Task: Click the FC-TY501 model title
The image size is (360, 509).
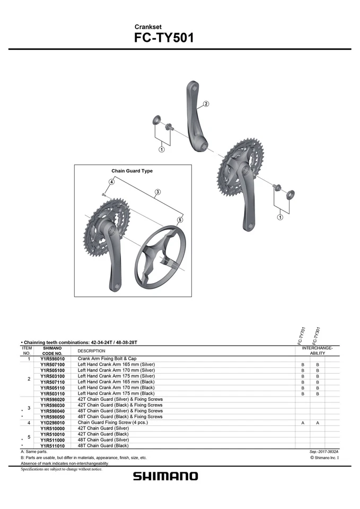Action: [x=164, y=38]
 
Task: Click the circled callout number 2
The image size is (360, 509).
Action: [x=206, y=104]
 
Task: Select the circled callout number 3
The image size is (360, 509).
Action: [x=158, y=191]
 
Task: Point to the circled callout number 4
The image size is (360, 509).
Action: [x=112, y=182]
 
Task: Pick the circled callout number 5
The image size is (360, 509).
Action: [x=180, y=220]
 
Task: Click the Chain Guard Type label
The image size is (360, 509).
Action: [x=132, y=171]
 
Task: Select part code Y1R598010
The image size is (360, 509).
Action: [x=52, y=359]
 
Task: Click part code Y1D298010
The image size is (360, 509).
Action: [x=52, y=423]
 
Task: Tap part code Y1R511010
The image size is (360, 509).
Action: [x=52, y=446]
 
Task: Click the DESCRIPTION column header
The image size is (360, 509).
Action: [x=91, y=351]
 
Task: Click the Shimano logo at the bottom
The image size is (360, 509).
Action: [x=165, y=476]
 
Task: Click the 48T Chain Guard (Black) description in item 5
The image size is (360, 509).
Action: [x=103, y=446]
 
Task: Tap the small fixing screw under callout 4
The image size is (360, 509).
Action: [x=103, y=195]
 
